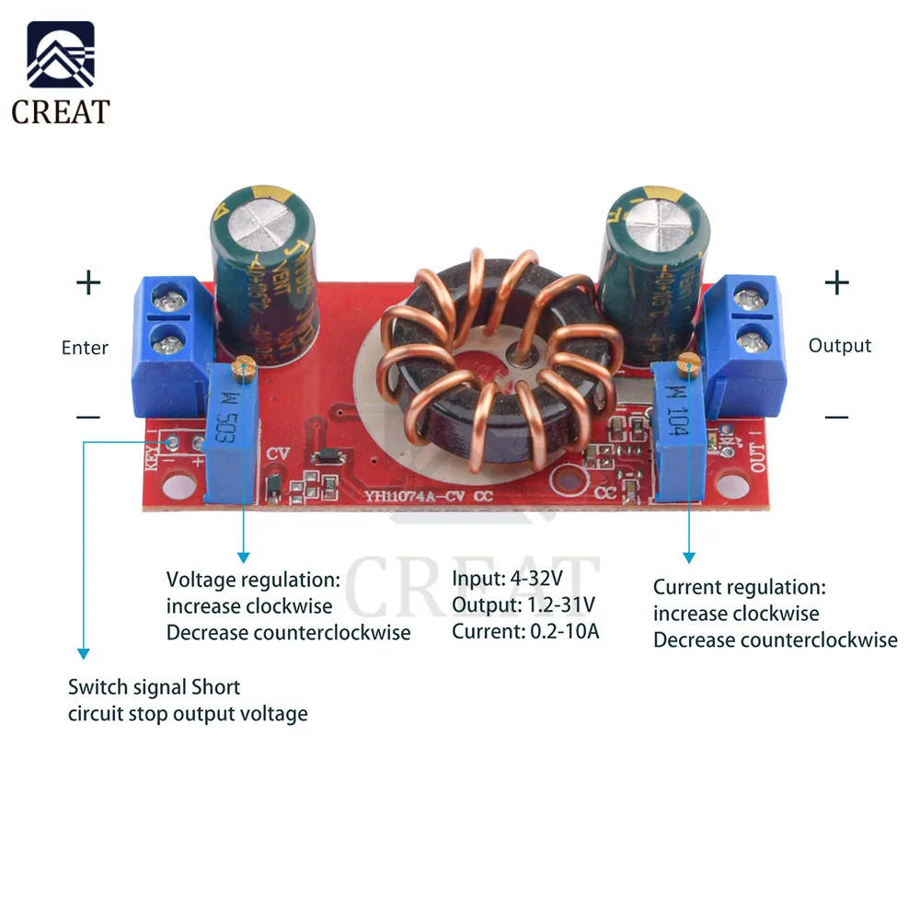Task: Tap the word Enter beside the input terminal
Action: point(85,348)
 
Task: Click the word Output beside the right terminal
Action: point(839,346)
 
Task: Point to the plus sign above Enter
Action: point(88,282)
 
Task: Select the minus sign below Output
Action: point(836,418)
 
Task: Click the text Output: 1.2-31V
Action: point(523,605)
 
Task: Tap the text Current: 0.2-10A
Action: point(525,631)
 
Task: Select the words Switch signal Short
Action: point(154,687)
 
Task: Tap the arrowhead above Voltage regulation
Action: point(243,556)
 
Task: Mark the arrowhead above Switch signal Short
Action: point(83,652)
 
